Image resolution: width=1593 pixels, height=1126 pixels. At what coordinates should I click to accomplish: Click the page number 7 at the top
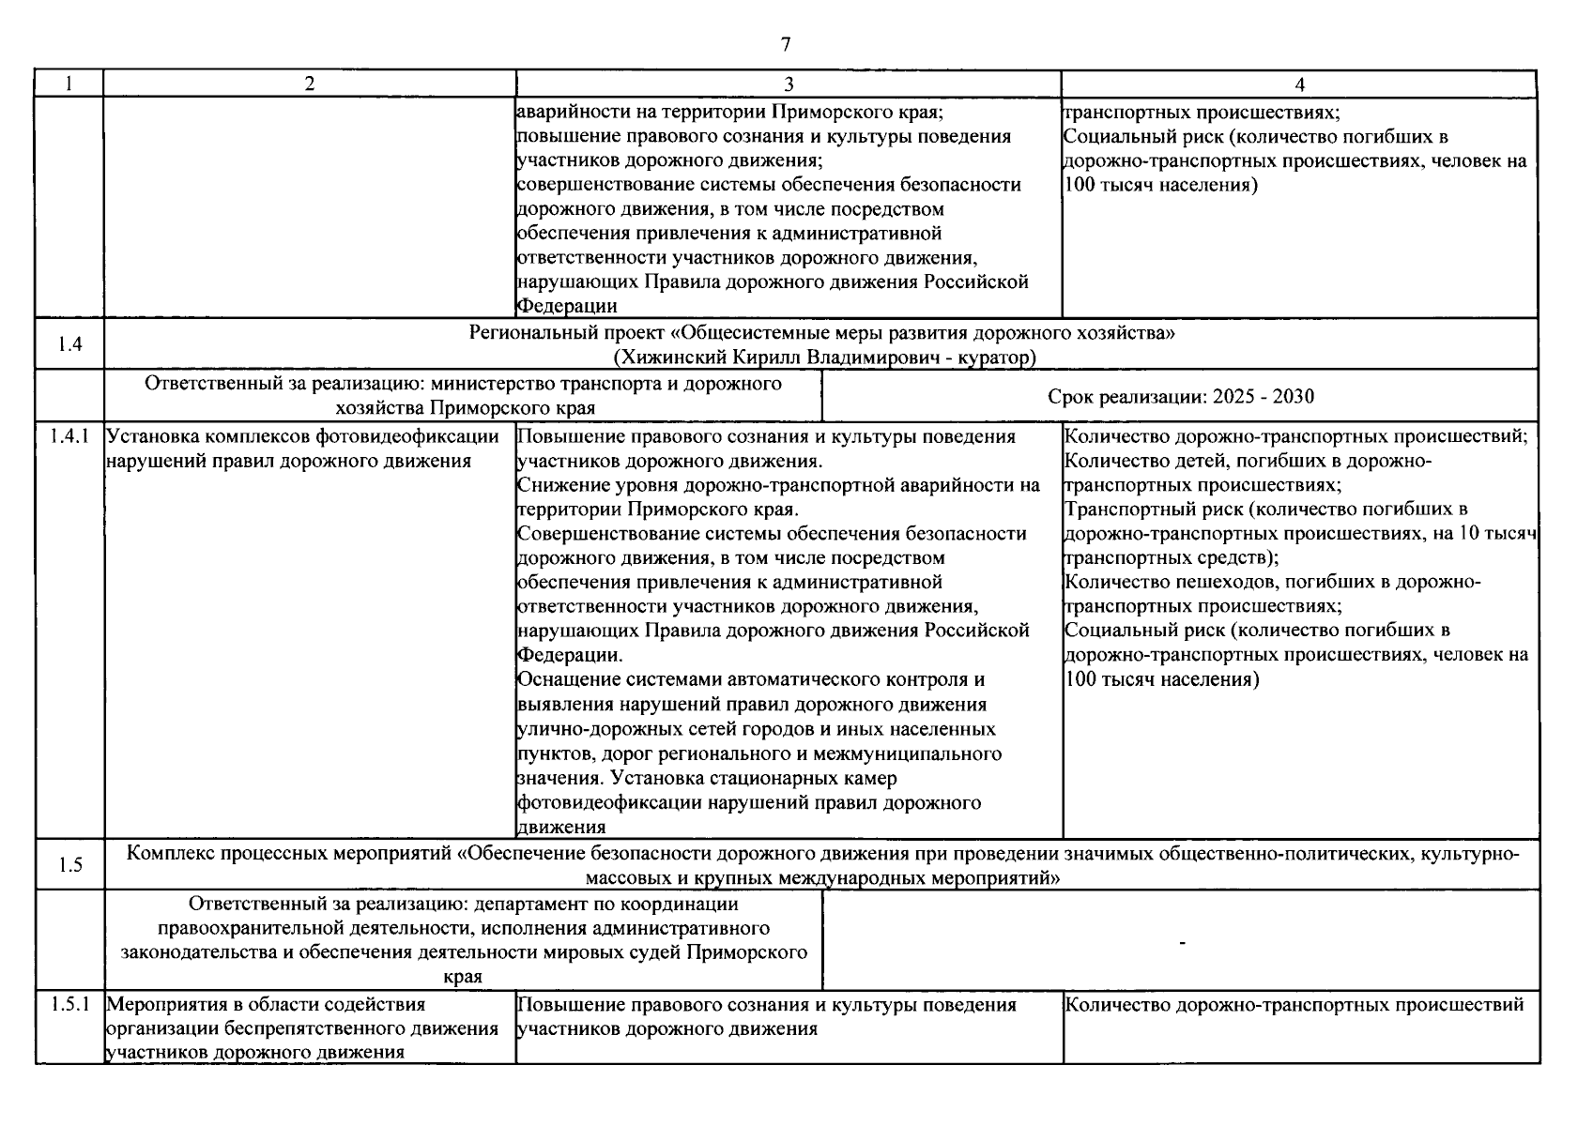[x=786, y=44]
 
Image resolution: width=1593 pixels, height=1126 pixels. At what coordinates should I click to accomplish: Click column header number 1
[x=69, y=84]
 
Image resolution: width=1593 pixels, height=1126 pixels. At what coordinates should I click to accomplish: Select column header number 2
[x=310, y=84]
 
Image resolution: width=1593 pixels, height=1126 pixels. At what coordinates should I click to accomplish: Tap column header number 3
[x=789, y=84]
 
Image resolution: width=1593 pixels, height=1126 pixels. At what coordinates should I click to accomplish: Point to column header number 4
[x=1299, y=84]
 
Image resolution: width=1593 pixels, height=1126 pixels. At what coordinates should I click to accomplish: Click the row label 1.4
[x=69, y=344]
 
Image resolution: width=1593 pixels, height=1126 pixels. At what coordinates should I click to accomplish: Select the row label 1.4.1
[x=69, y=436]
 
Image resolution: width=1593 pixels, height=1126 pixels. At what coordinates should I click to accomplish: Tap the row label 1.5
[x=69, y=865]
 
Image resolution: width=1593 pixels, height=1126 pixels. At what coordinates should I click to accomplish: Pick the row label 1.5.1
[x=69, y=1004]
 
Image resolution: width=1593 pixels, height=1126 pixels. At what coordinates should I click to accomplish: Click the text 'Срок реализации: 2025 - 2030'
[x=1180, y=396]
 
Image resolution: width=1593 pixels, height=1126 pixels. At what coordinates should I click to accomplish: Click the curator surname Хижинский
[x=659, y=358]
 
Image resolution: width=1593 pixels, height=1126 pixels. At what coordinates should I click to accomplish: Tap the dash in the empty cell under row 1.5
[x=1181, y=940]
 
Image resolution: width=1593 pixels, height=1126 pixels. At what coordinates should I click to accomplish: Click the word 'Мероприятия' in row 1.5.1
[x=158, y=1004]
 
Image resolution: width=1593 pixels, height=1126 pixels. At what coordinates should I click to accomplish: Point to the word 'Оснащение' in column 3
[x=562, y=679]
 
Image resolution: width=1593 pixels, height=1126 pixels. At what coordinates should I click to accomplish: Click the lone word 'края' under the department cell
[x=463, y=977]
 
